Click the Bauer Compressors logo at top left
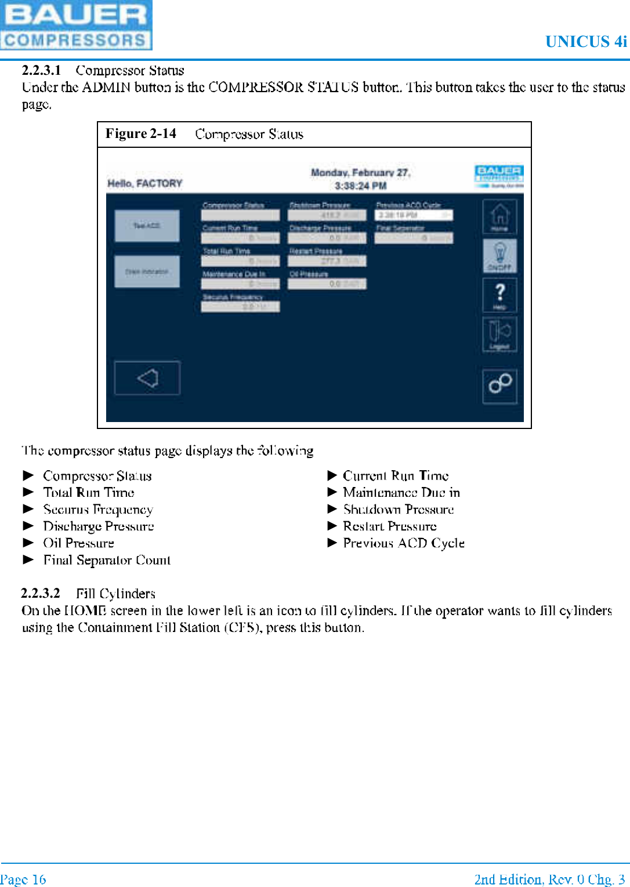tap(76, 25)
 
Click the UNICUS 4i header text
tap(585, 42)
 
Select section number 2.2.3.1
tap(41, 70)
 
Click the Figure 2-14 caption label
tap(141, 134)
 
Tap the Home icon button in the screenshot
tap(499, 217)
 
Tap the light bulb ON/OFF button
tap(499, 256)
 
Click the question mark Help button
tap(499, 295)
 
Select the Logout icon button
tap(499, 335)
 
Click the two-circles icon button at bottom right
tap(499, 384)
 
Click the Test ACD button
tap(147, 226)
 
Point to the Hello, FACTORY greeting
tap(144, 183)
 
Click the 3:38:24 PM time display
tap(360, 186)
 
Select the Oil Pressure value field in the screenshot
tap(327, 284)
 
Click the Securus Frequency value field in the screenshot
tap(240, 307)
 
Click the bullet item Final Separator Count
tap(107, 560)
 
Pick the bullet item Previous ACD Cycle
tap(403, 543)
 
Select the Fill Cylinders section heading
tap(115, 594)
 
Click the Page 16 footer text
tap(23, 879)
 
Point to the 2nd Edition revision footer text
tap(549, 879)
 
